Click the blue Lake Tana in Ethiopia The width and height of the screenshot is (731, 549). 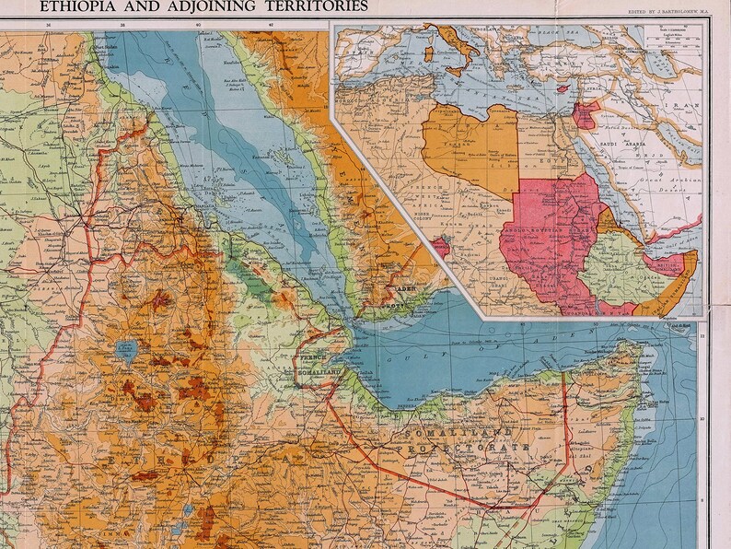click(125, 351)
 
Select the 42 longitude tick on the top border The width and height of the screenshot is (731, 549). click(272, 26)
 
